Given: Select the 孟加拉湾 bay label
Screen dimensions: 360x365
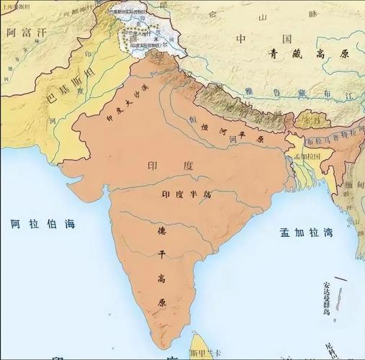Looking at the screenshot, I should click(x=305, y=232).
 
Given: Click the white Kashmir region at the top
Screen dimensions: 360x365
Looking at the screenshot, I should click(x=137, y=32).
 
